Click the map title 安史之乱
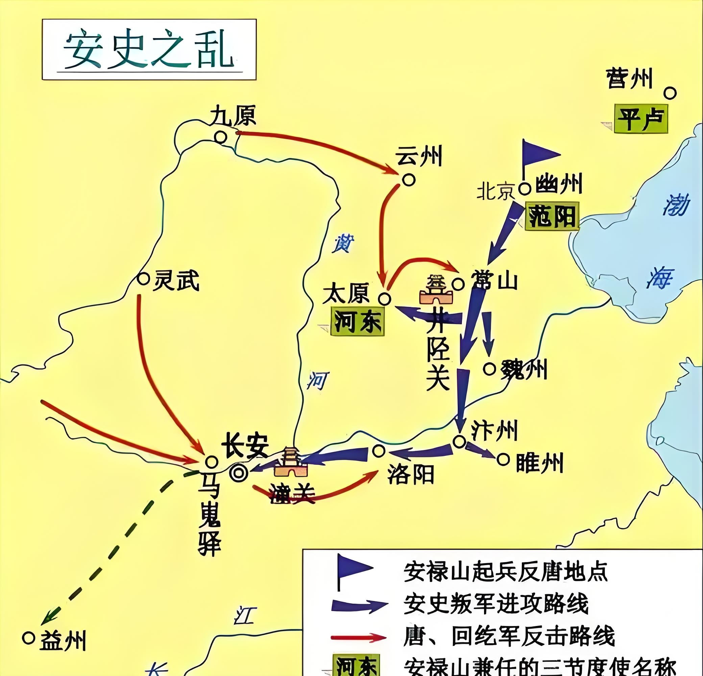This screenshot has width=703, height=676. pos(149,50)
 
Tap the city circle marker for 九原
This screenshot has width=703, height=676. pos(220,137)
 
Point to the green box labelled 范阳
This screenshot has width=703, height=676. pos(552,217)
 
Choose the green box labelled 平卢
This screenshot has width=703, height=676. pos(640,119)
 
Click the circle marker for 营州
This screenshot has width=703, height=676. pos(670,93)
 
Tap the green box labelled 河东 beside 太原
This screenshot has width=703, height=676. pos(357,323)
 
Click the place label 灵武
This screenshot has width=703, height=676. pos(176,281)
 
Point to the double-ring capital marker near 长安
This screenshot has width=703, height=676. pos(239,474)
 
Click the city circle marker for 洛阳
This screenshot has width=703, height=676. pos(379,451)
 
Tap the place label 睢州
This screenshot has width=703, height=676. pos(539,463)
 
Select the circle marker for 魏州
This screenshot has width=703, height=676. pos(490,369)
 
